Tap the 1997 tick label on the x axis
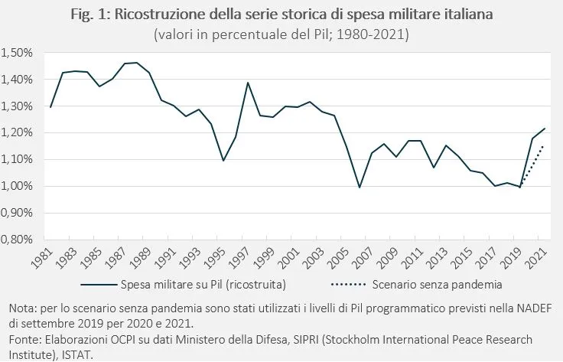point(246,259)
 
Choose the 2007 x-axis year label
point(371,259)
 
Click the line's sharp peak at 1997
point(249,83)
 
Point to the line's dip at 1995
point(223,161)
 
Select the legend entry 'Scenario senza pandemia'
point(437,286)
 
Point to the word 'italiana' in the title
point(456,16)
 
